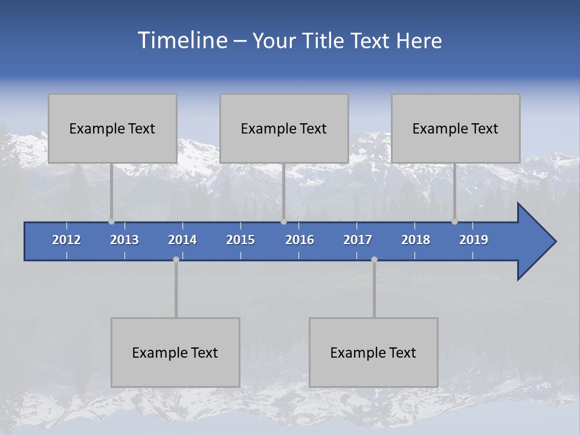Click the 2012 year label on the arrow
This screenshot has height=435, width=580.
pyautogui.click(x=66, y=240)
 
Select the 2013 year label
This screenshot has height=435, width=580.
pyautogui.click(x=124, y=240)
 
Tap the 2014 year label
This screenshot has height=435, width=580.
pyautogui.click(x=182, y=240)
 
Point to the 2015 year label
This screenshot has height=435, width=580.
pyautogui.click(x=240, y=240)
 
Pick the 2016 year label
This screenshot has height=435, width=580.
pyautogui.click(x=300, y=240)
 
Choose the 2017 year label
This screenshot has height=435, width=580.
pyautogui.click(x=358, y=240)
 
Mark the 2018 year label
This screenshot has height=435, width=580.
pyautogui.click(x=416, y=240)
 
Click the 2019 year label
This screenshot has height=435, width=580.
pyautogui.click(x=474, y=240)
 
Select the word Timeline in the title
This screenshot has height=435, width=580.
pyautogui.click(x=182, y=40)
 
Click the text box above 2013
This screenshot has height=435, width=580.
pyautogui.click(x=112, y=129)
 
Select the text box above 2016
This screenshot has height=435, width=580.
pyautogui.click(x=284, y=129)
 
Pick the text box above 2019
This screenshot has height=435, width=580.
pyautogui.click(x=456, y=129)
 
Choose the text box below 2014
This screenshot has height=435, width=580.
pyautogui.click(x=175, y=353)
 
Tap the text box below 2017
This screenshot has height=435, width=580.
pyautogui.click(x=373, y=353)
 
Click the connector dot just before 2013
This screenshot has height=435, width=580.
pyautogui.click(x=111, y=221)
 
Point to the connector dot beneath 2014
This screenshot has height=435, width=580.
pyautogui.click(x=176, y=259)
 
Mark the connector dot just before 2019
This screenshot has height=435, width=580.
pyautogui.click(x=454, y=221)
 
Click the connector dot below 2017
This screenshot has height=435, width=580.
pyautogui.click(x=374, y=259)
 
